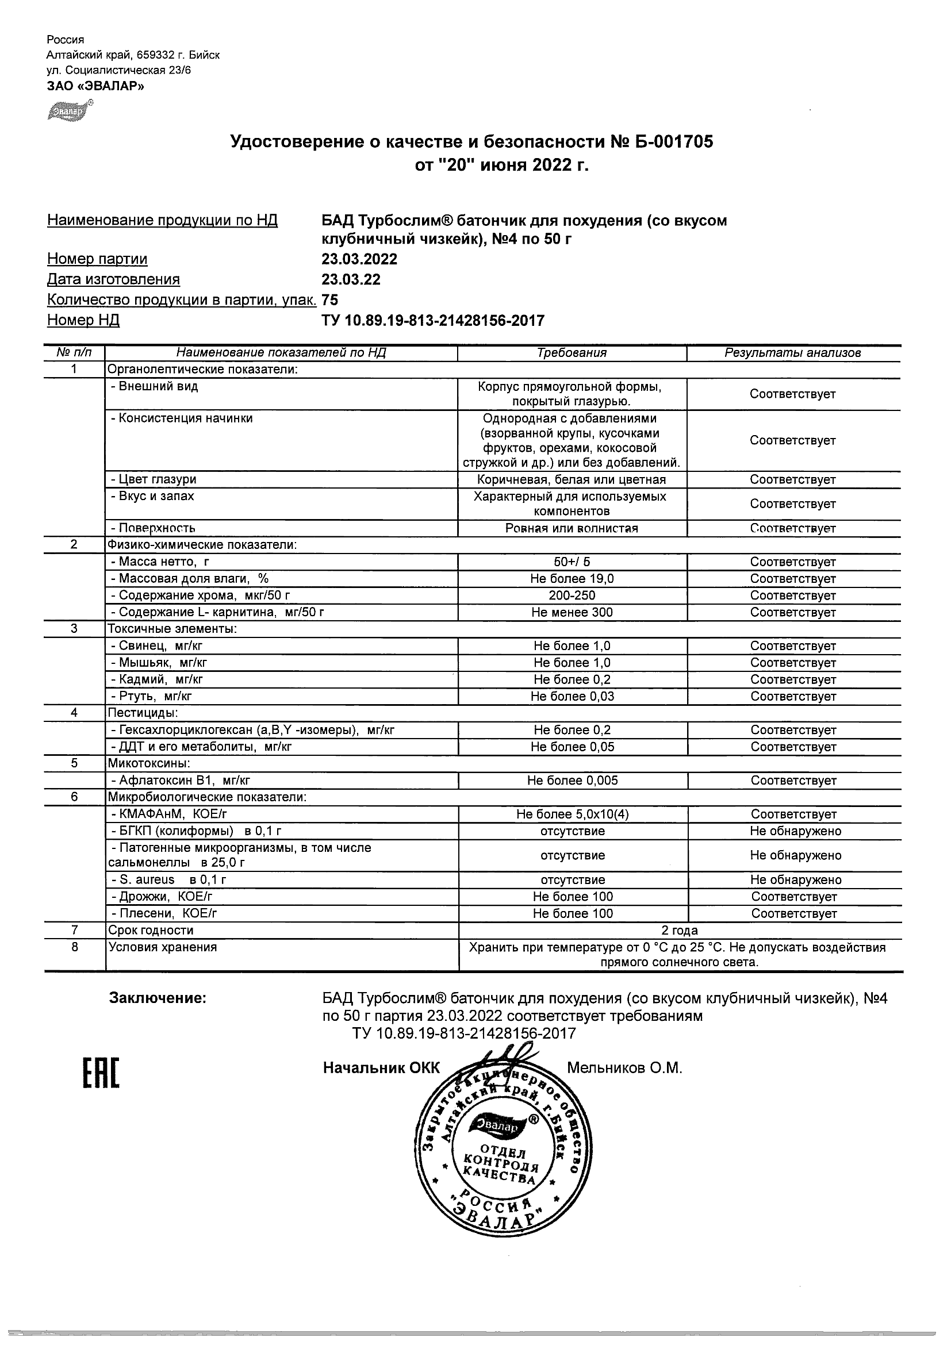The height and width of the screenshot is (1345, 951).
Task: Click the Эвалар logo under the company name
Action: point(70,111)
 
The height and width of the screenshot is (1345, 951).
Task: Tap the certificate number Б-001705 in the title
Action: point(674,142)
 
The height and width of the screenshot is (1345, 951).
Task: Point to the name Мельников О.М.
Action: point(624,1068)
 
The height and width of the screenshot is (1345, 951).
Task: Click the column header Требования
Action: point(572,353)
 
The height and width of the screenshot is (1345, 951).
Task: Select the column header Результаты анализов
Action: point(792,353)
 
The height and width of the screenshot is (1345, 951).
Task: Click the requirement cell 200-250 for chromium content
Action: point(572,595)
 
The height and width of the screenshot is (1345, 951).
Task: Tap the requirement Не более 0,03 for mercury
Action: point(572,696)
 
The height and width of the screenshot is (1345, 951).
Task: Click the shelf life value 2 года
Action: point(679,930)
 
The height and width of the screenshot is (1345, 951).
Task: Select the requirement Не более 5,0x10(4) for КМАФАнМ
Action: point(573,814)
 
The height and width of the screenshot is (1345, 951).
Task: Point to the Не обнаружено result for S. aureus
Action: point(795,879)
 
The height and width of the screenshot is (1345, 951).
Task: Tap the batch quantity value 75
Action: point(330,300)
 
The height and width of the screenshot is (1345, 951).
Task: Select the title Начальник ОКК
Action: point(381,1068)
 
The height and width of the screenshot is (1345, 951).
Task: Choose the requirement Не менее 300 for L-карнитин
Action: point(572,612)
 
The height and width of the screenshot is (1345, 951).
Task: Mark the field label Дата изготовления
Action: point(113,279)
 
